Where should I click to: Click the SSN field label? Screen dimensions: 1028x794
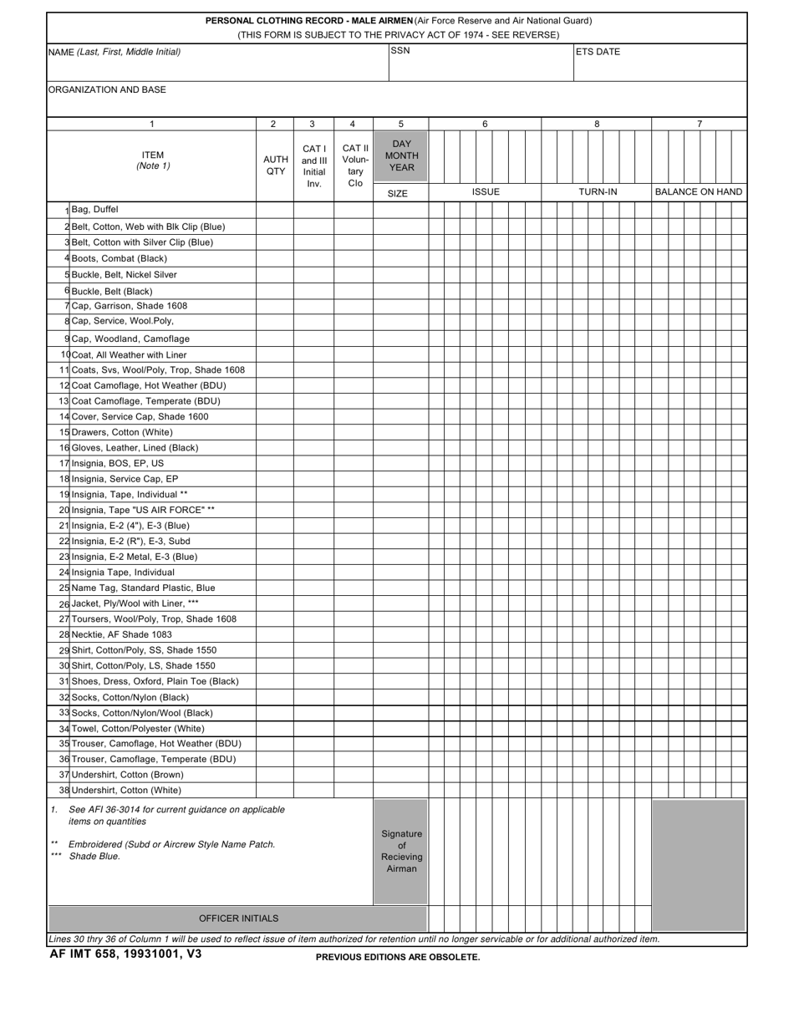click(400, 51)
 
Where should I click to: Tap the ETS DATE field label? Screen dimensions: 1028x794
click(598, 52)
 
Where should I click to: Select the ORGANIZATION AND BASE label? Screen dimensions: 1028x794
click(107, 89)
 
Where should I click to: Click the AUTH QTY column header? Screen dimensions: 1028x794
click(275, 165)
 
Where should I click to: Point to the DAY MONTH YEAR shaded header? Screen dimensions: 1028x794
click(401, 155)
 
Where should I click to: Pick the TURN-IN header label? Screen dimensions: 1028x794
click(598, 192)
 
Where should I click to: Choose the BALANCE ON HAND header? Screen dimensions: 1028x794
click(698, 192)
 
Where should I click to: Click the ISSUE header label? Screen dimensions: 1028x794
click(486, 192)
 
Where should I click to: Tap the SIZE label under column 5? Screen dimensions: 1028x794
click(398, 194)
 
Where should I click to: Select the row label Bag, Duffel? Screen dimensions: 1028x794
click(94, 210)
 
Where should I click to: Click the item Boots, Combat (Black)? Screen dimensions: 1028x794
click(120, 258)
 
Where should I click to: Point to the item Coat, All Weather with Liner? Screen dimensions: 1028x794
click(129, 355)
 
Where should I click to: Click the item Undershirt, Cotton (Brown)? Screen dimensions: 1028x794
click(127, 775)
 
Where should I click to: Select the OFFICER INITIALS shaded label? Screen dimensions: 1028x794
click(238, 919)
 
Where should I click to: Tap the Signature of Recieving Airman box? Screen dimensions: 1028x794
click(401, 851)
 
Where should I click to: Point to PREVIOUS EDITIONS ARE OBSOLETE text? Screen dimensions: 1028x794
click(398, 957)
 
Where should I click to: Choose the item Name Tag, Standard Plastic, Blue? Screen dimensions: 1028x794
click(143, 588)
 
